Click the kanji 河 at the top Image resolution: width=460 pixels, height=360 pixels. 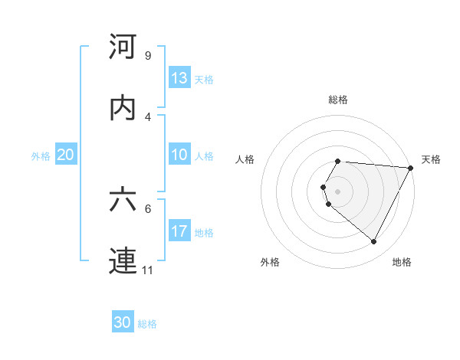tap(123, 47)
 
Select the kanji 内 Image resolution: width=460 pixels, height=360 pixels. tap(123, 108)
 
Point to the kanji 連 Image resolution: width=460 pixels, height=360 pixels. tap(123, 260)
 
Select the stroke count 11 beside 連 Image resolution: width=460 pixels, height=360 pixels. tap(149, 270)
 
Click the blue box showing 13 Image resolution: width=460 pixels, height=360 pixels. tap(179, 78)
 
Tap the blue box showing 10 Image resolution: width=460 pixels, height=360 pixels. tap(179, 155)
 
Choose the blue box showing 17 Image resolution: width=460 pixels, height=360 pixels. tap(179, 231)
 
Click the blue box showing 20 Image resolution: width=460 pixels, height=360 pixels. tap(66, 155)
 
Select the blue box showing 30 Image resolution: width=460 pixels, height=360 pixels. tap(123, 322)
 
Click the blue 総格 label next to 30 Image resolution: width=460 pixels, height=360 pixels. tap(147, 324)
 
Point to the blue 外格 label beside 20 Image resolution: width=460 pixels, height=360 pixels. tap(41, 156)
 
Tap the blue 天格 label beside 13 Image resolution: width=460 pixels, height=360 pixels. tap(204, 80)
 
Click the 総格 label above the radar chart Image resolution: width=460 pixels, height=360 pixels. tap(338, 100)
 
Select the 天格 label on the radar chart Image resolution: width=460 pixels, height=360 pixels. tap(431, 159)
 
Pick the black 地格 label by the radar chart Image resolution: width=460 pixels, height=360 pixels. tap(402, 262)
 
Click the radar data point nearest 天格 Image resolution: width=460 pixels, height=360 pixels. tap(410, 167)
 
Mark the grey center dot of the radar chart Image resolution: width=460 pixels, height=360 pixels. tap(337, 191)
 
